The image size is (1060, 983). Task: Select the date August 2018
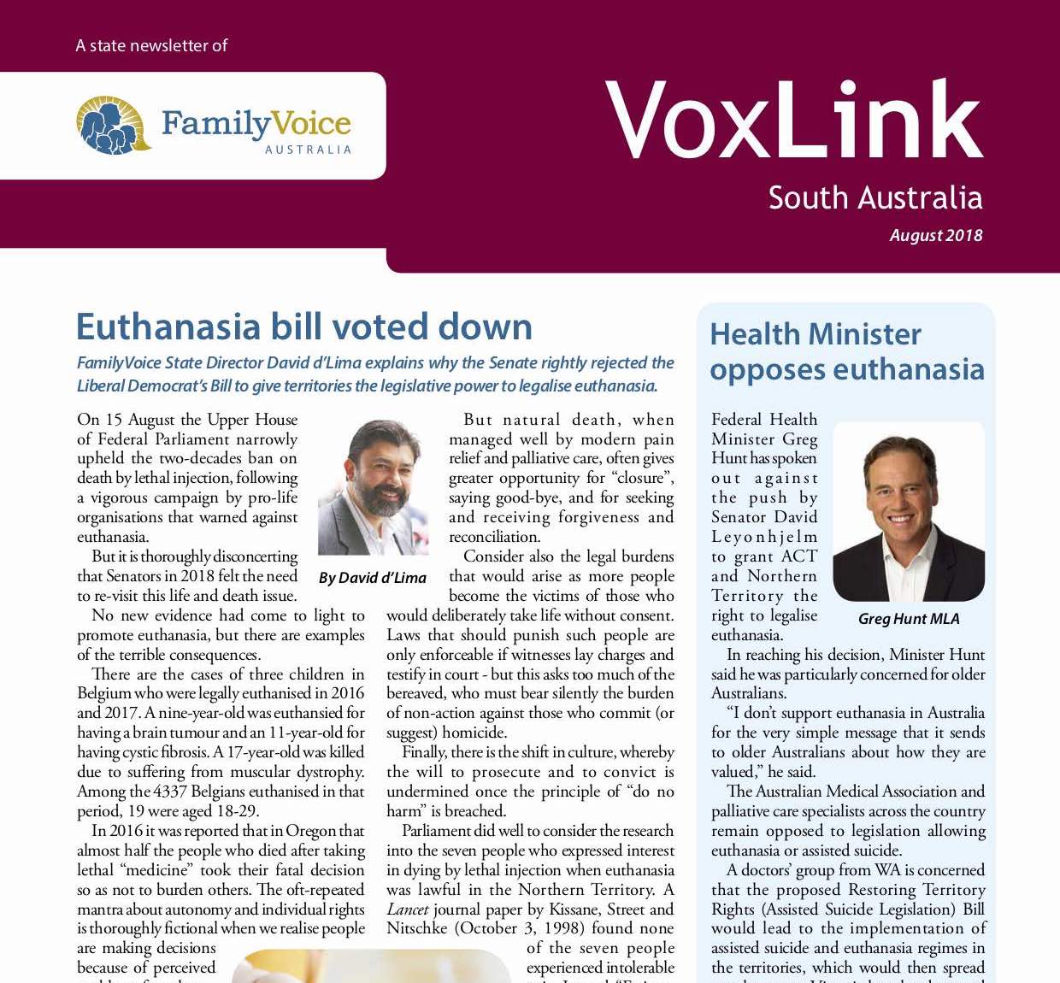pyautogui.click(x=935, y=235)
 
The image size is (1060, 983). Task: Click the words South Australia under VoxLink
pyautogui.click(x=874, y=197)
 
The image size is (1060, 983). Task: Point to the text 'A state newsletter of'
pyautogui.click(x=151, y=45)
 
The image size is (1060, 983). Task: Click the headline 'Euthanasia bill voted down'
pyautogui.click(x=303, y=327)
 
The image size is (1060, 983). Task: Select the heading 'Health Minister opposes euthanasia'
pyautogui.click(x=846, y=351)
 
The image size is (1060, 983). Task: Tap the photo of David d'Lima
pyautogui.click(x=373, y=487)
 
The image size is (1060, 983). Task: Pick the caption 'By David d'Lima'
pyautogui.click(x=372, y=578)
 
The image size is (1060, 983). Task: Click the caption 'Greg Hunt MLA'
pyautogui.click(x=908, y=619)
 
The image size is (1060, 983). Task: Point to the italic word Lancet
pyautogui.click(x=407, y=909)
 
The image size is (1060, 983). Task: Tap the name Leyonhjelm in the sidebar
pyautogui.click(x=764, y=537)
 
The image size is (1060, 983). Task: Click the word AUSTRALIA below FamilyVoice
pyautogui.click(x=308, y=150)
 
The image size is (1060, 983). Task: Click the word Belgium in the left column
pyautogui.click(x=104, y=693)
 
